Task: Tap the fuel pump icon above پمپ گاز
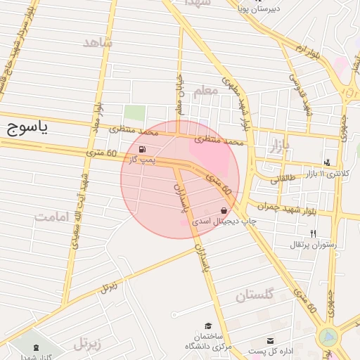[143, 149]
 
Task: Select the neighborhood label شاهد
[98, 44]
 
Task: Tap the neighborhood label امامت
[53, 217]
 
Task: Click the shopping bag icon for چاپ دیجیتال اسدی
[224, 210]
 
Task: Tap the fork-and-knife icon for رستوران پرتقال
[313, 233]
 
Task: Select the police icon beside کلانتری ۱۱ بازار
[328, 161]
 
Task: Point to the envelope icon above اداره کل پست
[270, 340]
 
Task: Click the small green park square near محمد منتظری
[134, 112]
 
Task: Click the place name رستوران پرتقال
[314, 245]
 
